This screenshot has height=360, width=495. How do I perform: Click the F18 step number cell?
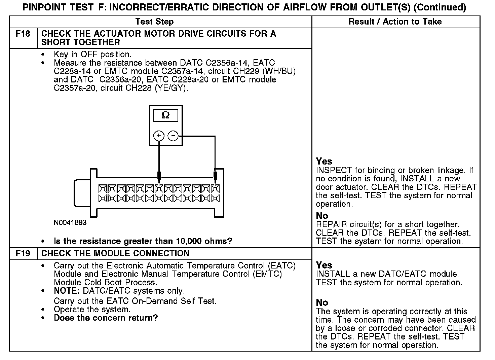coord(23,34)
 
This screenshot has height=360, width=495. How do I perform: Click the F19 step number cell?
coord(23,253)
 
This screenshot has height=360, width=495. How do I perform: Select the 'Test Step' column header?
coord(154,22)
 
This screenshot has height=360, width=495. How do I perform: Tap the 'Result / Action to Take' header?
coord(395,22)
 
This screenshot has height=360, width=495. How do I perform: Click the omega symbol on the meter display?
coord(166,115)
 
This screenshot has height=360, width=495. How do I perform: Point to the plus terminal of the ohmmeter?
coord(159,136)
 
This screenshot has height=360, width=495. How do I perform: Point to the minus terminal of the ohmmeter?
coord(173,136)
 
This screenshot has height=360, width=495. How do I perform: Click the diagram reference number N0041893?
coord(70,223)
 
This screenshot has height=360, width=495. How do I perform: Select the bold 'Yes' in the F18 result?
coord(324,161)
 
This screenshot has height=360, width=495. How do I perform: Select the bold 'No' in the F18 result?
coord(322,216)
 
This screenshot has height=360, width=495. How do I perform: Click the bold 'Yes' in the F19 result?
coord(324,265)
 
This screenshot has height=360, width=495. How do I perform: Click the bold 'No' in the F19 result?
coord(322,302)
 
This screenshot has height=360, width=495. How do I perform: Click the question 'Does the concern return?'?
coord(106,318)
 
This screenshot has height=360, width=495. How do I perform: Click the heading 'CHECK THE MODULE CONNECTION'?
coord(115,253)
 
